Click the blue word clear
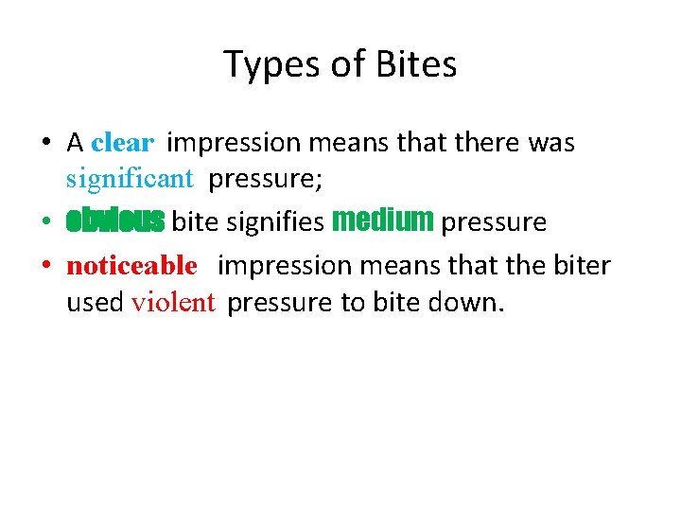[122, 144]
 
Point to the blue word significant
[130, 177]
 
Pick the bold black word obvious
[115, 221]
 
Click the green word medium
[383, 220]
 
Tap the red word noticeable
[131, 266]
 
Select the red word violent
[174, 303]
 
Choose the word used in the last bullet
[95, 303]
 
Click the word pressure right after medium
[494, 222]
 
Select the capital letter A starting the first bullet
[76, 143]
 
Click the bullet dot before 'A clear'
[45, 145]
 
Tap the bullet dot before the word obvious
[45, 223]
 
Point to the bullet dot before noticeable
[45, 267]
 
